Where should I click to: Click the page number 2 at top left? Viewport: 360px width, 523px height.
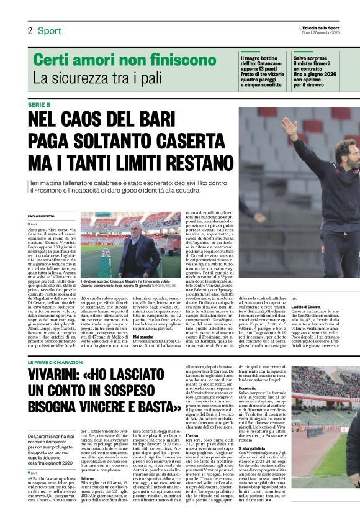point(29,30)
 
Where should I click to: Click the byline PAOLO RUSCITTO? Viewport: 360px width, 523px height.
point(42,216)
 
